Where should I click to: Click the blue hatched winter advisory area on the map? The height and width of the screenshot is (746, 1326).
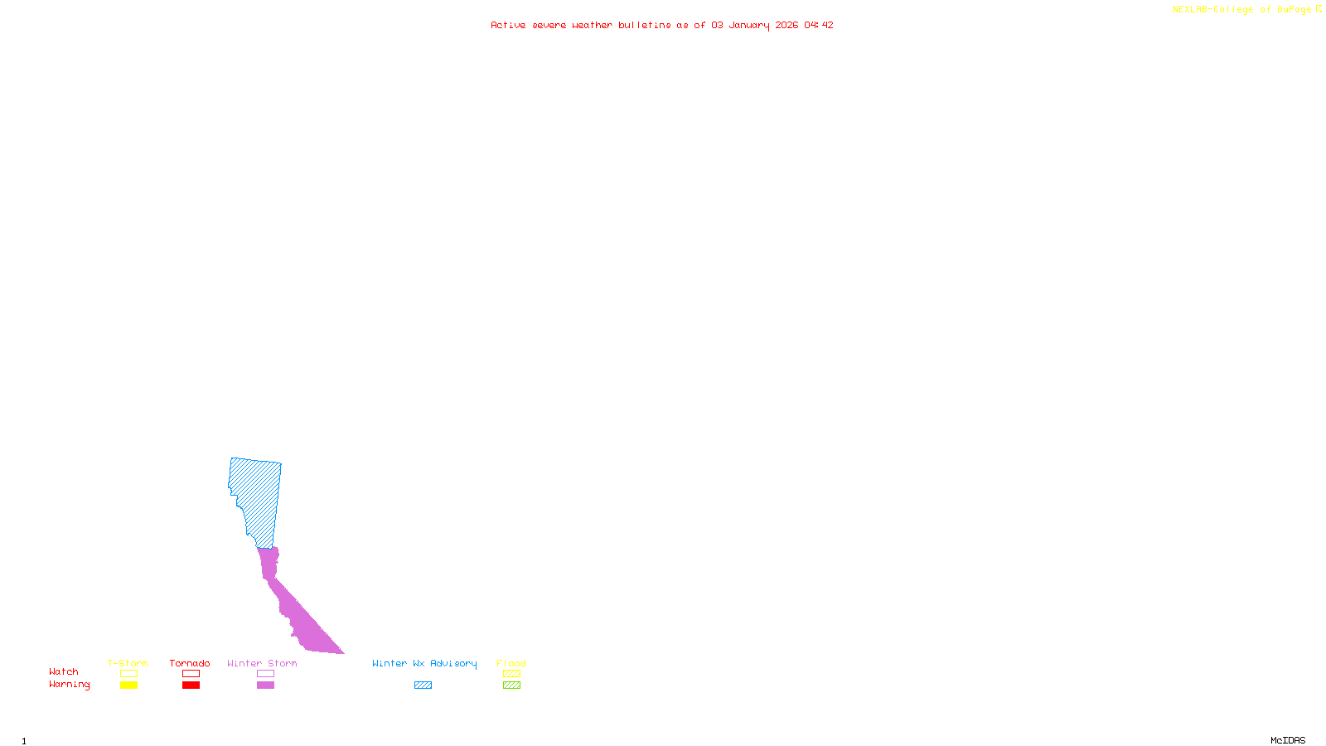coord(257,497)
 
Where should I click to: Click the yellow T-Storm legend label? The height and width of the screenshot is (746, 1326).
coord(128,663)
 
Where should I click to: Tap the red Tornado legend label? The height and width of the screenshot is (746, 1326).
coord(190,663)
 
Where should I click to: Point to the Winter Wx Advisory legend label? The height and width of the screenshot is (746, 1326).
coord(424,663)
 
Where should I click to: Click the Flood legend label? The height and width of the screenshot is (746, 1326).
coord(511,663)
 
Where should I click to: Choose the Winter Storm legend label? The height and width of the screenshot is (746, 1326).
coord(262,663)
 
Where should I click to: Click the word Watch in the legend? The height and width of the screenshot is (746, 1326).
coord(64,672)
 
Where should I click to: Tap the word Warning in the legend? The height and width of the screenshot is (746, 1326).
coord(70,685)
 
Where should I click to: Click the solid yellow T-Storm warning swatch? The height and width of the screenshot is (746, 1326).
coord(128,685)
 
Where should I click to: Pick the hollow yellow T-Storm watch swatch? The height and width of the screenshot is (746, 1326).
coord(128,674)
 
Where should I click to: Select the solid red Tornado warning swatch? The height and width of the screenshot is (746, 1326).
coord(191,685)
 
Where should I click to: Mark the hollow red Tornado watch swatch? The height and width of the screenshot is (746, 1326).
coord(191,674)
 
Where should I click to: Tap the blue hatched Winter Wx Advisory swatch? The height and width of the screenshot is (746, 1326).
coord(423,685)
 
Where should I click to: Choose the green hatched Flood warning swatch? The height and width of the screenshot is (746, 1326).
coord(512,685)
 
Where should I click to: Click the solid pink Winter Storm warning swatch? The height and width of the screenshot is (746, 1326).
coord(265,685)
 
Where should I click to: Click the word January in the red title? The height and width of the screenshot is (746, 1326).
coord(749,26)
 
